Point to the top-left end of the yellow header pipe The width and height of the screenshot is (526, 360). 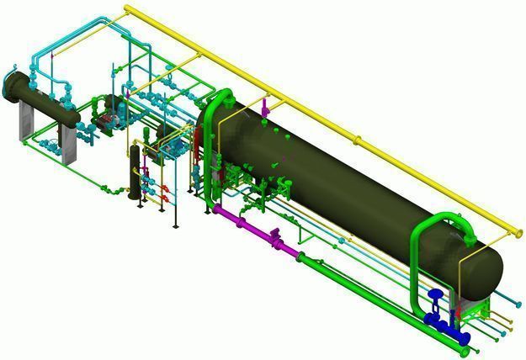point(128,9)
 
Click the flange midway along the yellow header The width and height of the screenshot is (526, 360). point(359,139)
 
